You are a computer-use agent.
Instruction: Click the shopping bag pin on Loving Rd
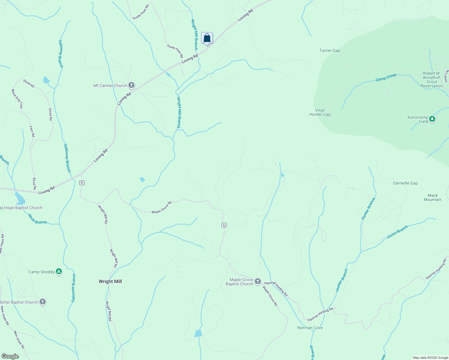point(207,38)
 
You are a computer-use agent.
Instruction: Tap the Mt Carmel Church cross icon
point(131,85)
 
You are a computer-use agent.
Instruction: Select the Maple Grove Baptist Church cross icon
point(258,281)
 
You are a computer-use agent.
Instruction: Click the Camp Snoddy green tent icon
point(59,272)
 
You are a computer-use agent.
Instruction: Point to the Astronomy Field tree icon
point(432,119)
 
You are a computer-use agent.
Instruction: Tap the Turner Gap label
point(330,50)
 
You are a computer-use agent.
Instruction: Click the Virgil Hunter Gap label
point(320,112)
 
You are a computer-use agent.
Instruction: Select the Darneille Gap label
point(405,183)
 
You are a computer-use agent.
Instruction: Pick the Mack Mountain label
point(432,197)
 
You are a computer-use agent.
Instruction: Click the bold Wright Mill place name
point(110,281)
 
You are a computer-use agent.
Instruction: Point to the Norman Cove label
point(310,328)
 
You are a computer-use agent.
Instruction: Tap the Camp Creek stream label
point(386,77)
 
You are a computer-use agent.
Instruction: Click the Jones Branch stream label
point(397,232)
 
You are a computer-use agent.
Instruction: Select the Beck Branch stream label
point(38,219)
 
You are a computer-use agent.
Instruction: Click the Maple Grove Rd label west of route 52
point(161,208)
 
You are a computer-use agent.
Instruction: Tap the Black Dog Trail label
point(17,99)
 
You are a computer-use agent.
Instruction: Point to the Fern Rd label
point(32,131)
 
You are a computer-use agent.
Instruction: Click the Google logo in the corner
point(10,356)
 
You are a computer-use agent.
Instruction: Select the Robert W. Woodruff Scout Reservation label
point(432,79)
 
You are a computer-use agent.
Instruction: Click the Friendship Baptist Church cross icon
point(43,302)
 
